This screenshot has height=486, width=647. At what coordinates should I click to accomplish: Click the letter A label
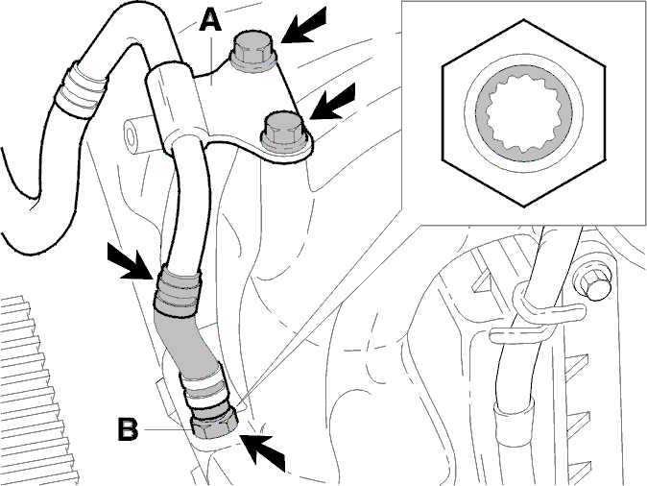tap(210, 20)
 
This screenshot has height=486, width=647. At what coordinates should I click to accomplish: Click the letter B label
tap(128, 429)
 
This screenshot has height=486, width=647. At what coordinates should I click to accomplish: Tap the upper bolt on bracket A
tap(252, 52)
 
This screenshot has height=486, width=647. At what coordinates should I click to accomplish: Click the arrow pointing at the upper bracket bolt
tap(305, 26)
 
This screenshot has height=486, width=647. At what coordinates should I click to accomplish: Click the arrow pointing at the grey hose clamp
tap(130, 261)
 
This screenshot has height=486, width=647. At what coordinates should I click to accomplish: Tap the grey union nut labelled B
tap(215, 422)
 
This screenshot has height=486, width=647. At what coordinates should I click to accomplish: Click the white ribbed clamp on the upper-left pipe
tap(81, 91)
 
